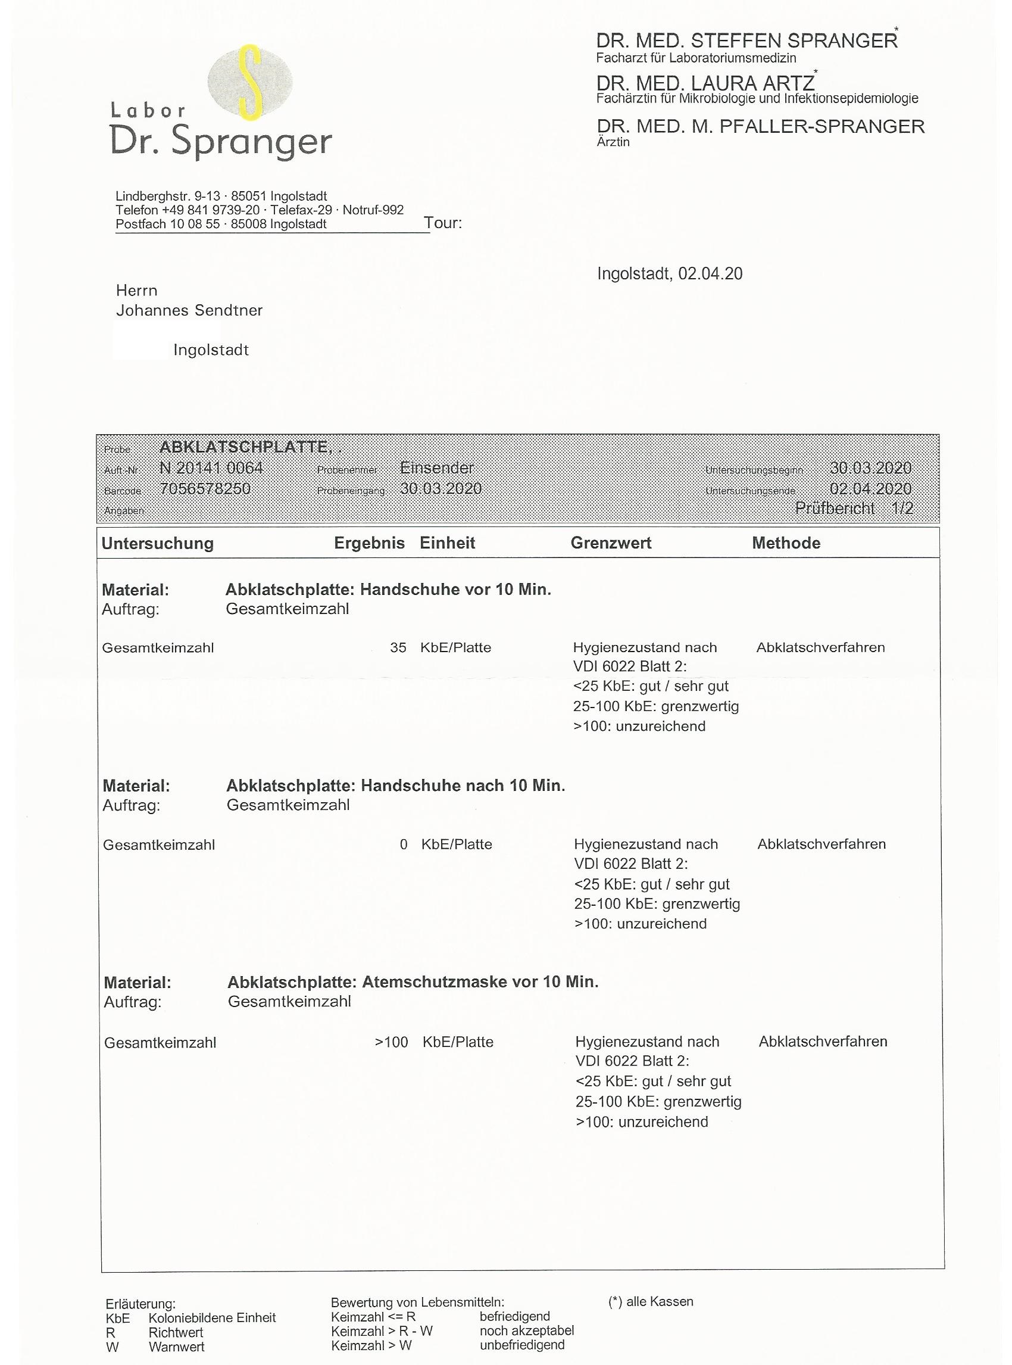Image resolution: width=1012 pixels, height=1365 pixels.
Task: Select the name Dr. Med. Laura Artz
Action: (705, 83)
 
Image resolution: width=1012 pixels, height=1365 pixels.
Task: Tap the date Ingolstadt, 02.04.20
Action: (670, 273)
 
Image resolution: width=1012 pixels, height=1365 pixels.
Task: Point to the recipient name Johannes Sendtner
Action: (189, 310)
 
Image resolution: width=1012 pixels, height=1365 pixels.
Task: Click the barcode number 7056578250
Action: (205, 488)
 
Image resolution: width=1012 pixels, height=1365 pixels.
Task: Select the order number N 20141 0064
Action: (211, 468)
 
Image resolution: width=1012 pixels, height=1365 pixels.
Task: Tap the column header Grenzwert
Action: (611, 543)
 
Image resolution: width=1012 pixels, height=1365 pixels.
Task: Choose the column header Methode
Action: (786, 543)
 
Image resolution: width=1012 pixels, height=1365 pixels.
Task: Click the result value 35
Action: (398, 647)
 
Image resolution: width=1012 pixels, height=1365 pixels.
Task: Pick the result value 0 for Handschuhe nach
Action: (403, 844)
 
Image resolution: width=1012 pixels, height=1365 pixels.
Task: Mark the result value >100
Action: (392, 1042)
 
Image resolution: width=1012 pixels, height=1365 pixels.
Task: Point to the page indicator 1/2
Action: (902, 508)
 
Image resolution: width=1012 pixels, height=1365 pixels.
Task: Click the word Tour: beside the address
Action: (443, 223)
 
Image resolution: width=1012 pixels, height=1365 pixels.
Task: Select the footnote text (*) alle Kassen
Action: (651, 1301)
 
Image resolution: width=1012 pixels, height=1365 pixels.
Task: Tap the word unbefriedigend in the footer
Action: (522, 1345)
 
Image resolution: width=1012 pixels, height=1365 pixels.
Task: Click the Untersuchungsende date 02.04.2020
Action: (870, 488)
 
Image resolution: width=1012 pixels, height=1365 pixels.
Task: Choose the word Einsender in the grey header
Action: (437, 468)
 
